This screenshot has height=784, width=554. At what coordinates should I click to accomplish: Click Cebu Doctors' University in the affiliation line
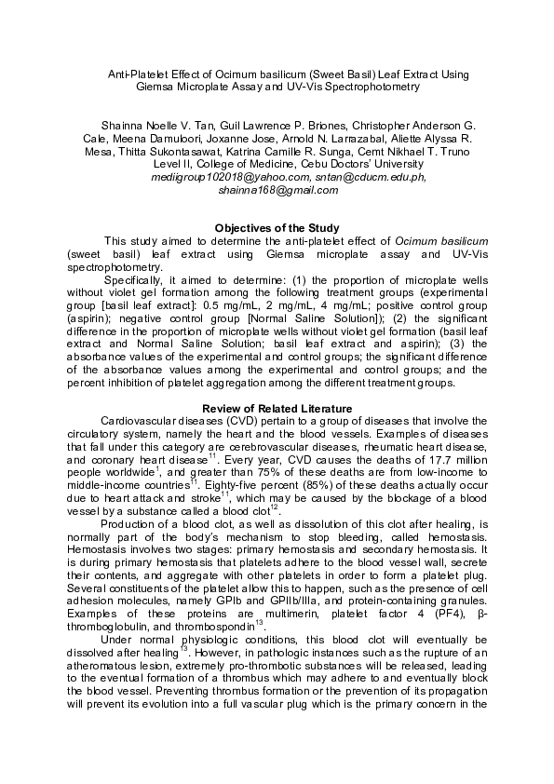[x=344, y=165]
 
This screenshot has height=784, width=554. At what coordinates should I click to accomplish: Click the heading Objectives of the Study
[x=277, y=228]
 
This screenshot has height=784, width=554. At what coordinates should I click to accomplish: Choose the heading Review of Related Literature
[x=277, y=409]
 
